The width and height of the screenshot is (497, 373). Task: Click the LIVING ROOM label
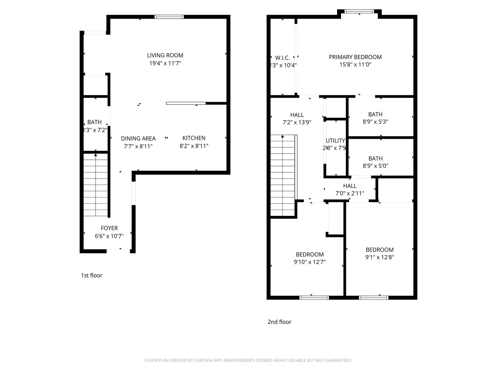click(x=165, y=55)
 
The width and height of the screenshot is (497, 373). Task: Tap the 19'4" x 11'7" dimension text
click(x=165, y=63)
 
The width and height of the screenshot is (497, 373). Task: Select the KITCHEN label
click(x=194, y=138)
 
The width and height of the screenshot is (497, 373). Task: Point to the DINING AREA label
click(x=138, y=138)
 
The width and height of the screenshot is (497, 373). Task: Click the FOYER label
click(x=109, y=228)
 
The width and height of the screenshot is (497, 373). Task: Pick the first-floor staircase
click(x=96, y=185)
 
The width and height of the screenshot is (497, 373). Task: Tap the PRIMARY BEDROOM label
click(x=355, y=57)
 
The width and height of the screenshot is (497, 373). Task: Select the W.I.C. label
click(x=282, y=58)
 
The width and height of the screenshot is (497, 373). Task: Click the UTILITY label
click(x=335, y=141)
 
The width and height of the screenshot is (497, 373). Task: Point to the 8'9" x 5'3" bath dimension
click(x=375, y=122)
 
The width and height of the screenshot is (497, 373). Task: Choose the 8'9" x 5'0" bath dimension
click(x=375, y=166)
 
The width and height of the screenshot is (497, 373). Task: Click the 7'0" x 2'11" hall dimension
click(x=350, y=193)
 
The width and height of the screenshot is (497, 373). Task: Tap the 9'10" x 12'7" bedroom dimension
click(x=310, y=262)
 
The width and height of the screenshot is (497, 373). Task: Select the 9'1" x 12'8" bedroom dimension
click(x=379, y=257)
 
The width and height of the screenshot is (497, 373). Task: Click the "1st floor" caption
click(x=91, y=275)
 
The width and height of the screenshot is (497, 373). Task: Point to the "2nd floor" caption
click(x=279, y=322)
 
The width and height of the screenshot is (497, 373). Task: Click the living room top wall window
click(x=169, y=17)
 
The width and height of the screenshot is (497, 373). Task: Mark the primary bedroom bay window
click(x=359, y=11)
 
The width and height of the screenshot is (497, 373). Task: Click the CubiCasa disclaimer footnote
click(x=248, y=360)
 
